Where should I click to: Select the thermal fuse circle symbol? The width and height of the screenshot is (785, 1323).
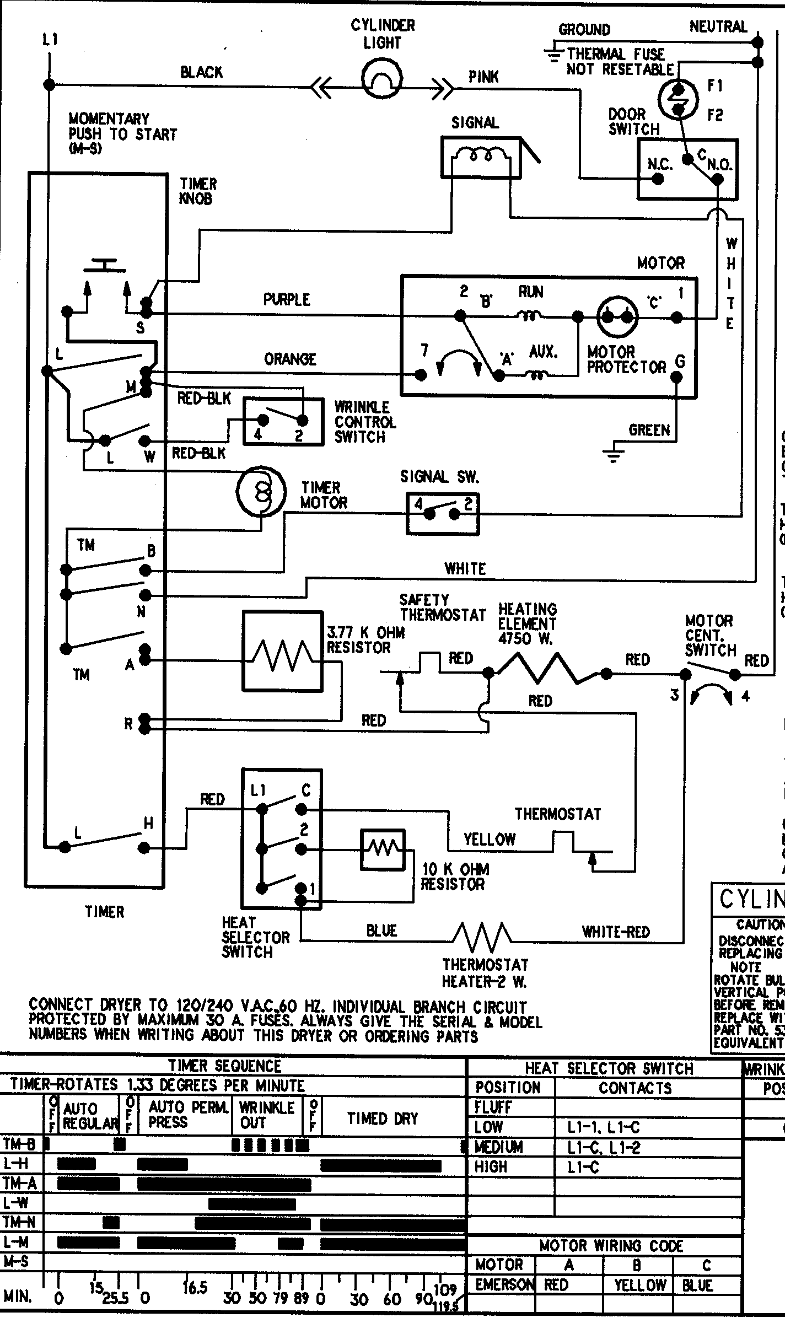click(x=679, y=99)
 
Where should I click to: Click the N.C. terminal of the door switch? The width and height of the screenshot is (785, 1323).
click(x=657, y=179)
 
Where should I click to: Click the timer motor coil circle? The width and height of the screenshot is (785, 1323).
click(x=261, y=491)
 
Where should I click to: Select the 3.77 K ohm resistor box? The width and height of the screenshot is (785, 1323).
click(x=283, y=650)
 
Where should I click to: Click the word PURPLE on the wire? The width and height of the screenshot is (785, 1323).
click(x=287, y=300)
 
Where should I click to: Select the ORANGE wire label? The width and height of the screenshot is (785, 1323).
click(x=290, y=359)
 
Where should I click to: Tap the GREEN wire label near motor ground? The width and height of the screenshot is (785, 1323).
click(x=649, y=430)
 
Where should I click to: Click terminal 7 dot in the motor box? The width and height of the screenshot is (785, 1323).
click(x=421, y=375)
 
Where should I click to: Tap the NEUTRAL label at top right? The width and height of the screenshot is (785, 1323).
click(x=718, y=26)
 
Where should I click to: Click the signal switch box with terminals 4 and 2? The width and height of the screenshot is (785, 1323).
click(x=443, y=514)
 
